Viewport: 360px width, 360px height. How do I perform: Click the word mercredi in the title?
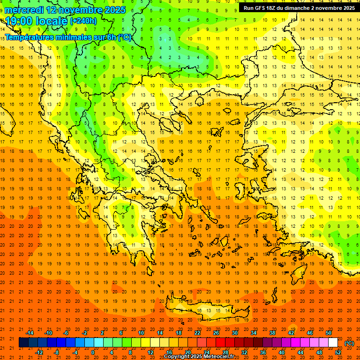24,10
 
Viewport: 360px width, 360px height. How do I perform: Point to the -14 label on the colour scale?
30,333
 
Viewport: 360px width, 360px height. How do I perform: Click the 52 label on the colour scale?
338,352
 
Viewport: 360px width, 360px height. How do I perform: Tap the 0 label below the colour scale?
93,352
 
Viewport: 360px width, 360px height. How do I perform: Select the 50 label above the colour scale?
329,333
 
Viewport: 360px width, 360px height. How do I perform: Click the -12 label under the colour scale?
39,352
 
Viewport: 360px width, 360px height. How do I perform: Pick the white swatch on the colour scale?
333,343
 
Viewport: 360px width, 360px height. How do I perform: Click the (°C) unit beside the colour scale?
349,343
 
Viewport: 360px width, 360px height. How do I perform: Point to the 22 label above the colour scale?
197,333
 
